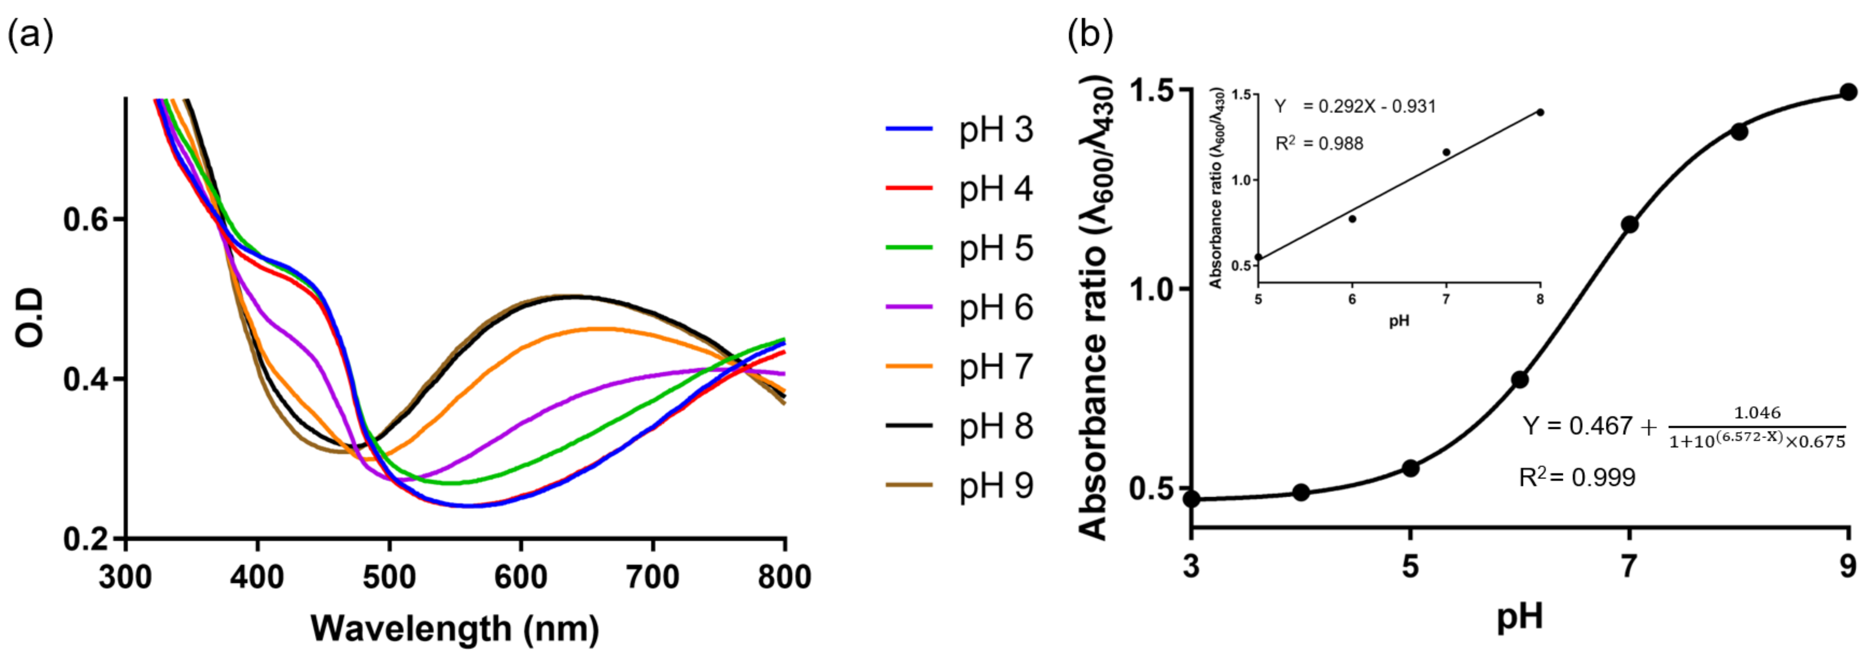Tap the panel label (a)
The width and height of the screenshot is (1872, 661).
[30, 34]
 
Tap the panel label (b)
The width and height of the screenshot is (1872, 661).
[1090, 34]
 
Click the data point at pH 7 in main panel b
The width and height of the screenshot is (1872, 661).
[1630, 224]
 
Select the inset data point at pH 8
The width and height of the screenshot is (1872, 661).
[1540, 112]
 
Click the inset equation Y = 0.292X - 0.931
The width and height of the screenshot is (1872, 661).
[1355, 107]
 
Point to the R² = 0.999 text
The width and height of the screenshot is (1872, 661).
[1577, 477]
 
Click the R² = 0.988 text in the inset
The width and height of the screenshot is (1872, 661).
[1319, 143]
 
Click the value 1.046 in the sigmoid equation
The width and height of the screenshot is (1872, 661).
[1757, 413]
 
